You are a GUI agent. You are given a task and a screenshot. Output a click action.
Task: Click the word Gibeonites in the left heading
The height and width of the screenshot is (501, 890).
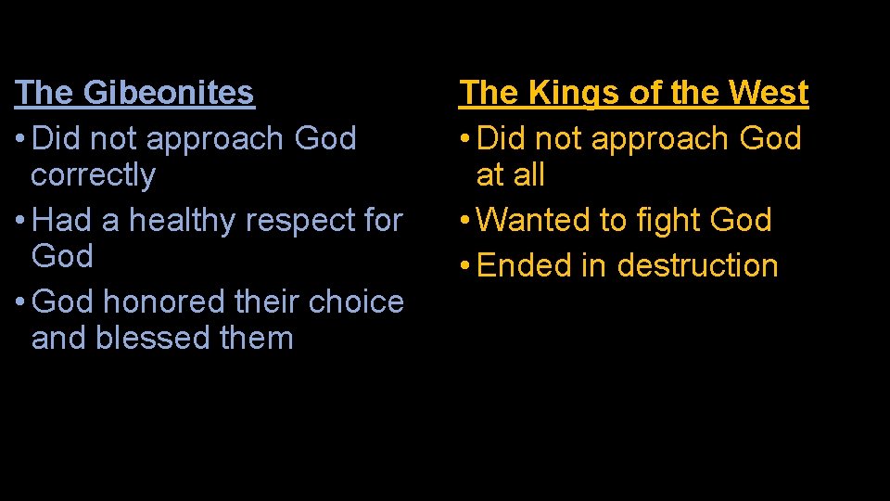coord(169,93)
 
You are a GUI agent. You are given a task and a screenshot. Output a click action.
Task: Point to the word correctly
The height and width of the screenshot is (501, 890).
coord(93,175)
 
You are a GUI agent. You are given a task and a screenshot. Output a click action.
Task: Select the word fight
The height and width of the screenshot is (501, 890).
coord(667,221)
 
